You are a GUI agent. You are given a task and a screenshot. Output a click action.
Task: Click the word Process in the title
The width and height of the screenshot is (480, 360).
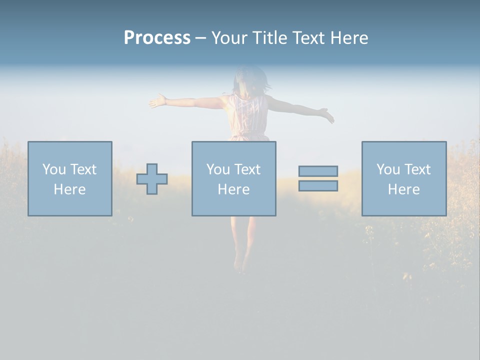coord(157,38)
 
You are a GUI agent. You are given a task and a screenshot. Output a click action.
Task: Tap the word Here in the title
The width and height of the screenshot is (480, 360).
coord(349,38)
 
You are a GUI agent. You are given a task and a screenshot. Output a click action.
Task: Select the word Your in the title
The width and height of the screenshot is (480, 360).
coord(229,38)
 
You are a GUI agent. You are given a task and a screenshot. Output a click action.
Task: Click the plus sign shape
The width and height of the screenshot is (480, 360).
coord(152,179)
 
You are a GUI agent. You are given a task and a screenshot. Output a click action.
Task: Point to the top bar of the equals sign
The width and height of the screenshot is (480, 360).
coord(318,171)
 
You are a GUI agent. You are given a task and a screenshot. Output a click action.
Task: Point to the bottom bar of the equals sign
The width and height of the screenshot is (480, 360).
coord(318,186)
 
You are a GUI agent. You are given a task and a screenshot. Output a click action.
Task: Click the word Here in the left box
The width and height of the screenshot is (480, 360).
coord(69,189)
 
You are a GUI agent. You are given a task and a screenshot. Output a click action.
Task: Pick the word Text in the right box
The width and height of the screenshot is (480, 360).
coord(417,169)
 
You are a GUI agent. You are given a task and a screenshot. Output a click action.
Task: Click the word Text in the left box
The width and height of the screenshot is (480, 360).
coord(83,169)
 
